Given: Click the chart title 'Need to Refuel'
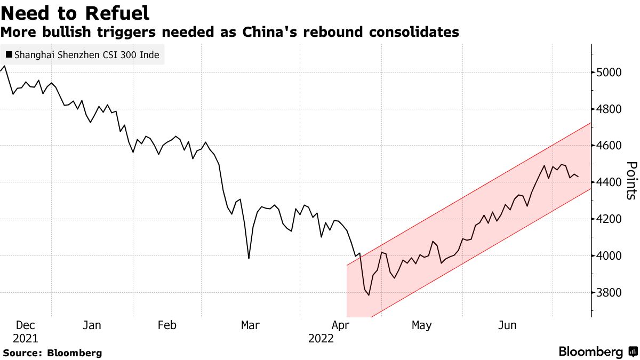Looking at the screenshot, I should point(75,13).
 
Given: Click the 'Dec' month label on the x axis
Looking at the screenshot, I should point(26,325).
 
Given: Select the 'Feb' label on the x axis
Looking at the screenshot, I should point(167,325).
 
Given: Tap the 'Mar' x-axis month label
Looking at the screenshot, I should point(251,325).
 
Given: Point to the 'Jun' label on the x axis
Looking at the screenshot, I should point(507,325).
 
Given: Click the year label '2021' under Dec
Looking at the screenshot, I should point(26,339).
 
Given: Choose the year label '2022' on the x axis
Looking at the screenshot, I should point(321,339).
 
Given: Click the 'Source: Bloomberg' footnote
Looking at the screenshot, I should point(52,353).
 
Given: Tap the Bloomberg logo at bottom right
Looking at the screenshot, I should point(597,352).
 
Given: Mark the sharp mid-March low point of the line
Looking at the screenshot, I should point(249,259).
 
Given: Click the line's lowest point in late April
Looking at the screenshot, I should point(369,295).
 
